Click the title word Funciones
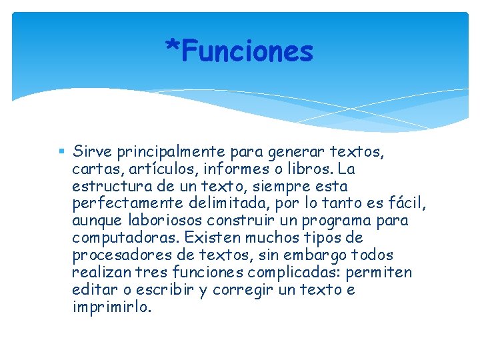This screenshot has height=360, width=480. [x=247, y=51]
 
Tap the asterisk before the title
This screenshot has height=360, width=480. [x=173, y=48]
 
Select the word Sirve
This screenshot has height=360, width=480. [x=91, y=151]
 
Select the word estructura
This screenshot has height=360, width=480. [x=111, y=186]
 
